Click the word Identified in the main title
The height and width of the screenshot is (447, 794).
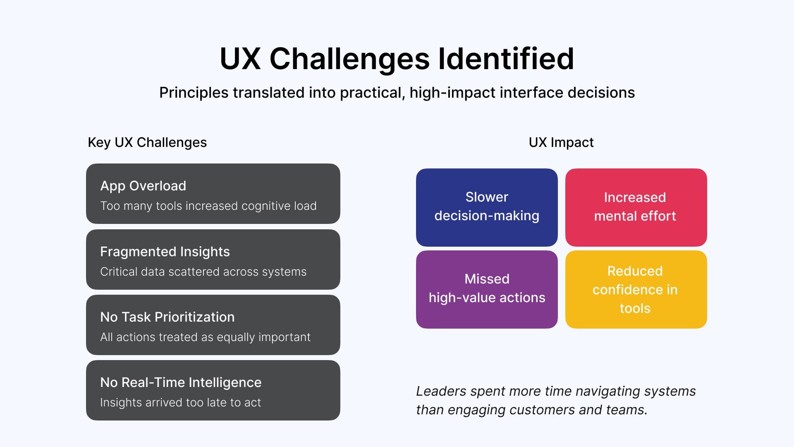pos(506,59)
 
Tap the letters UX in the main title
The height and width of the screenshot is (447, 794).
pos(240,59)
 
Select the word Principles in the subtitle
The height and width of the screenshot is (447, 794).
pos(194,93)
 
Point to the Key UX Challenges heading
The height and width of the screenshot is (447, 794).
pos(147,142)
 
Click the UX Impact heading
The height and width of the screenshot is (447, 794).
pos(561,142)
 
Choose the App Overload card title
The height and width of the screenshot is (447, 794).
pos(143,186)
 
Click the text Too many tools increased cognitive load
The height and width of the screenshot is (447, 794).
pos(208,206)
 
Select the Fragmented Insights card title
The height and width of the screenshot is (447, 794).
pos(165,252)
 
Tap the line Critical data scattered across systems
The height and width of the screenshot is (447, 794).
pos(203,272)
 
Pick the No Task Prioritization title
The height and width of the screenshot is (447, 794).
pos(167,317)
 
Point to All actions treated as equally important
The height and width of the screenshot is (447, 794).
pos(205,337)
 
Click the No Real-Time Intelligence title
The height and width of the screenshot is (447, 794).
pos(181,382)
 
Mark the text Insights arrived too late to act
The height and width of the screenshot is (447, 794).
pos(180,403)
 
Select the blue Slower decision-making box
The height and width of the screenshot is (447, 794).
pos(487,207)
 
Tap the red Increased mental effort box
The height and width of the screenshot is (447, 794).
pos(636,207)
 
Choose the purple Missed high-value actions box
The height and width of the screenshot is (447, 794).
pos(487,289)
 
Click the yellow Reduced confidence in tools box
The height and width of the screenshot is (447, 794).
pos(636,289)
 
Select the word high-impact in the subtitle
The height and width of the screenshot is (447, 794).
pos(452,93)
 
